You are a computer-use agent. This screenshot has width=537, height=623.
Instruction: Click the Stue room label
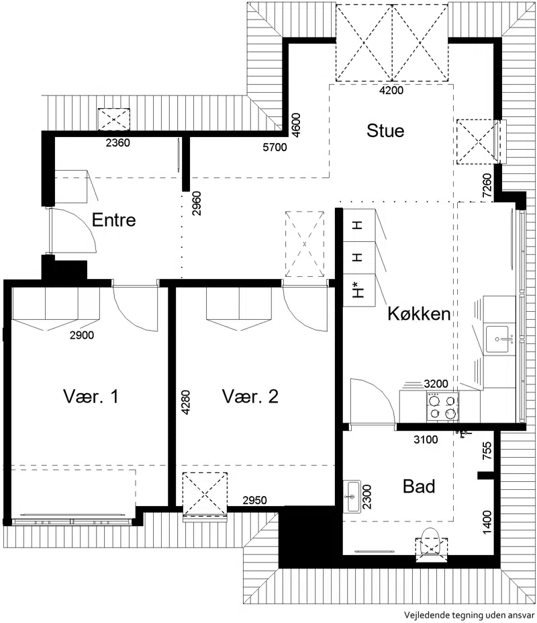tap(385, 131)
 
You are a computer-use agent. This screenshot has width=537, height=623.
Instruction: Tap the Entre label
tap(114, 220)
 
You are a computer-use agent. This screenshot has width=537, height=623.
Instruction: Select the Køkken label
tap(419, 313)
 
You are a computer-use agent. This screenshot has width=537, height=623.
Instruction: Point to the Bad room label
tap(419, 487)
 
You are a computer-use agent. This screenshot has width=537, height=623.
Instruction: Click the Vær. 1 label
tap(91, 396)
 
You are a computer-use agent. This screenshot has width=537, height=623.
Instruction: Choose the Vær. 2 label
tap(250, 396)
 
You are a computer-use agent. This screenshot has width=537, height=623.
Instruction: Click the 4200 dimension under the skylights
tap(391, 90)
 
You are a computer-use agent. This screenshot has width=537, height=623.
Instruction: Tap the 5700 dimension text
tap(275, 147)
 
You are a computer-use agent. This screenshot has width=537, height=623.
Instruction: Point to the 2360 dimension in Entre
tap(118, 142)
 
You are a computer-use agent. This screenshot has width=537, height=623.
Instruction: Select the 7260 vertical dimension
tap(487, 185)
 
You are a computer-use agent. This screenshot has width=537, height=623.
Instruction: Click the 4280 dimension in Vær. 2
tap(186, 403)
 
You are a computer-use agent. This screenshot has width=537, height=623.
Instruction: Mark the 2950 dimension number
tap(255, 500)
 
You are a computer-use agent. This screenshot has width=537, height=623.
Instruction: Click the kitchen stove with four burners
tap(442, 407)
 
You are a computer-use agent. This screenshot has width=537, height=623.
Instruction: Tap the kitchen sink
tap(497, 339)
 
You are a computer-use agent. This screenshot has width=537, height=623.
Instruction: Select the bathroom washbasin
tap(352, 497)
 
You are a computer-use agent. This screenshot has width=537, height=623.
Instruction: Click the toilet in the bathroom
tap(432, 544)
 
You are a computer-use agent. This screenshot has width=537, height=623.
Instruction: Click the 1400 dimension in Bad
tap(487, 522)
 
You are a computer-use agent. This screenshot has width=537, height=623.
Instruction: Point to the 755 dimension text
tap(487, 450)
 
